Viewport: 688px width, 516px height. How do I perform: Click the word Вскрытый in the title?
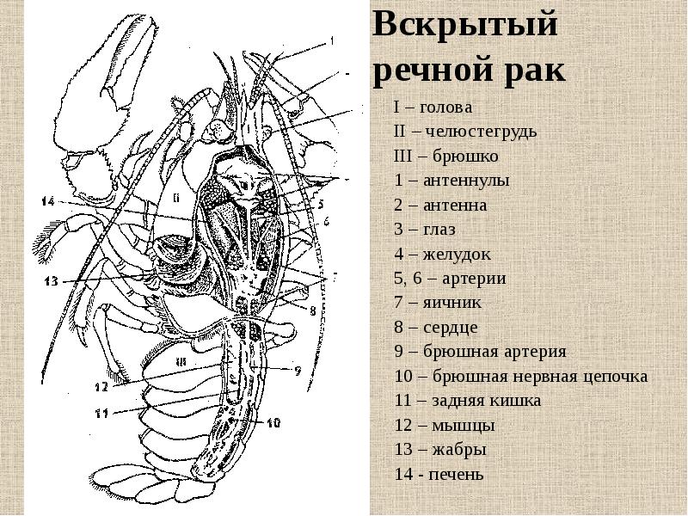465,26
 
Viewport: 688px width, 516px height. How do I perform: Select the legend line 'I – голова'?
433,107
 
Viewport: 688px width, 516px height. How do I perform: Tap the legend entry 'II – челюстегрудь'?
465,131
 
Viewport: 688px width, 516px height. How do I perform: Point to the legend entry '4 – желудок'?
442,254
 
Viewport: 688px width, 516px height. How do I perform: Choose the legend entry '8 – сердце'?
436,328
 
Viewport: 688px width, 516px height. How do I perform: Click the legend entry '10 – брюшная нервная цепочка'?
521,377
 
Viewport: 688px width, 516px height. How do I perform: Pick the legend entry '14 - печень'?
439,475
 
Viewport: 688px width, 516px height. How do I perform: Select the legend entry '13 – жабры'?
440,450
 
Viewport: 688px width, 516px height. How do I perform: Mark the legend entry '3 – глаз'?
425,230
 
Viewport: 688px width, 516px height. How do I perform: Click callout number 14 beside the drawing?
48,201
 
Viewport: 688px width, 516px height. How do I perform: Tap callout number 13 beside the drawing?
52,280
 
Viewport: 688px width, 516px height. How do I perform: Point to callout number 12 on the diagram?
101,386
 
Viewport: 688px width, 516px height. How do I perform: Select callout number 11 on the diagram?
101,413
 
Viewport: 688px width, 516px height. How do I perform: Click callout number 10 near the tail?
273,422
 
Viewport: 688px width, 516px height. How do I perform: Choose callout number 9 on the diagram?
298,372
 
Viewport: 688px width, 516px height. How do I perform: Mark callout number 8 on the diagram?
312,310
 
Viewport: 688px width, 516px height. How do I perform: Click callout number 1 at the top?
332,40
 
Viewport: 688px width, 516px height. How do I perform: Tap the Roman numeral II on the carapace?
176,199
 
